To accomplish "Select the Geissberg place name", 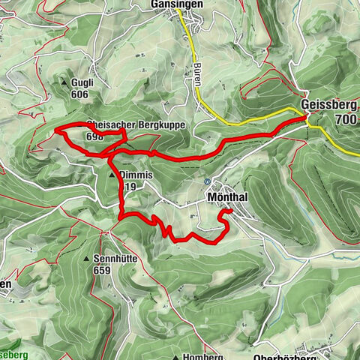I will click(x=328, y=105).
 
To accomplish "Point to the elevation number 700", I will click(x=346, y=119).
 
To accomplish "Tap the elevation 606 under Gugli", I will click(x=81, y=94).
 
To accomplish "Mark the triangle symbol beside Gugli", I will click(x=67, y=83).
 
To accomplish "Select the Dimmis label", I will click(x=136, y=175).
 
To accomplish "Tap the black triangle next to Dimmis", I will click(x=114, y=175).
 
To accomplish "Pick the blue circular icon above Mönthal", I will click(x=207, y=181).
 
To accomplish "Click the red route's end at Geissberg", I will click(x=305, y=117).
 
